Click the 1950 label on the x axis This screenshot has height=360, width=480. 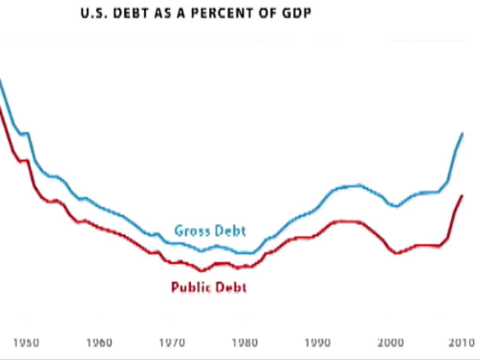click(x=26, y=343)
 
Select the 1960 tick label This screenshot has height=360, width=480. click(x=99, y=343)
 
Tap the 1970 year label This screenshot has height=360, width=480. click(x=172, y=343)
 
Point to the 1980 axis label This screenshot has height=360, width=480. click(x=245, y=343)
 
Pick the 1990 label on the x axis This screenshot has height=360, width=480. click(x=318, y=343)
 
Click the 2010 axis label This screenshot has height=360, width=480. click(x=462, y=343)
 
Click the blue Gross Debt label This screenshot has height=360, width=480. click(x=210, y=231)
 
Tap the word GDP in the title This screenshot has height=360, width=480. click(x=297, y=13)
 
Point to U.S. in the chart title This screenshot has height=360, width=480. click(x=94, y=13)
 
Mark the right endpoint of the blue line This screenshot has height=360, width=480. click(x=463, y=133)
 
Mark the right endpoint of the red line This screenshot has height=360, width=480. click(x=462, y=195)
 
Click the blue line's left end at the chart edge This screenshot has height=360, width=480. click(x=0, y=80)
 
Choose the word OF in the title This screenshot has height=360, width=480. click(x=267, y=13)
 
